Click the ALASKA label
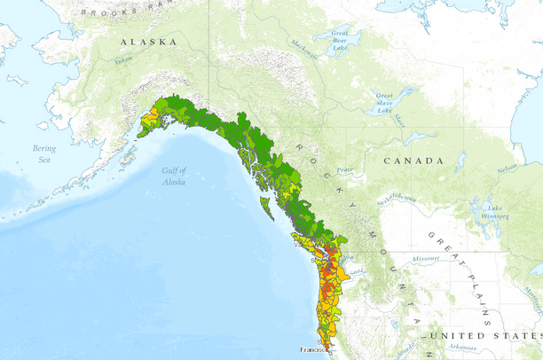(148, 42)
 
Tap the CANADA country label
(413, 161)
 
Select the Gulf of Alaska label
(174, 176)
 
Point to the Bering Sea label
(43, 154)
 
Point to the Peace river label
(344, 170)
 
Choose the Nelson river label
(507, 168)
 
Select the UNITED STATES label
(483, 336)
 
